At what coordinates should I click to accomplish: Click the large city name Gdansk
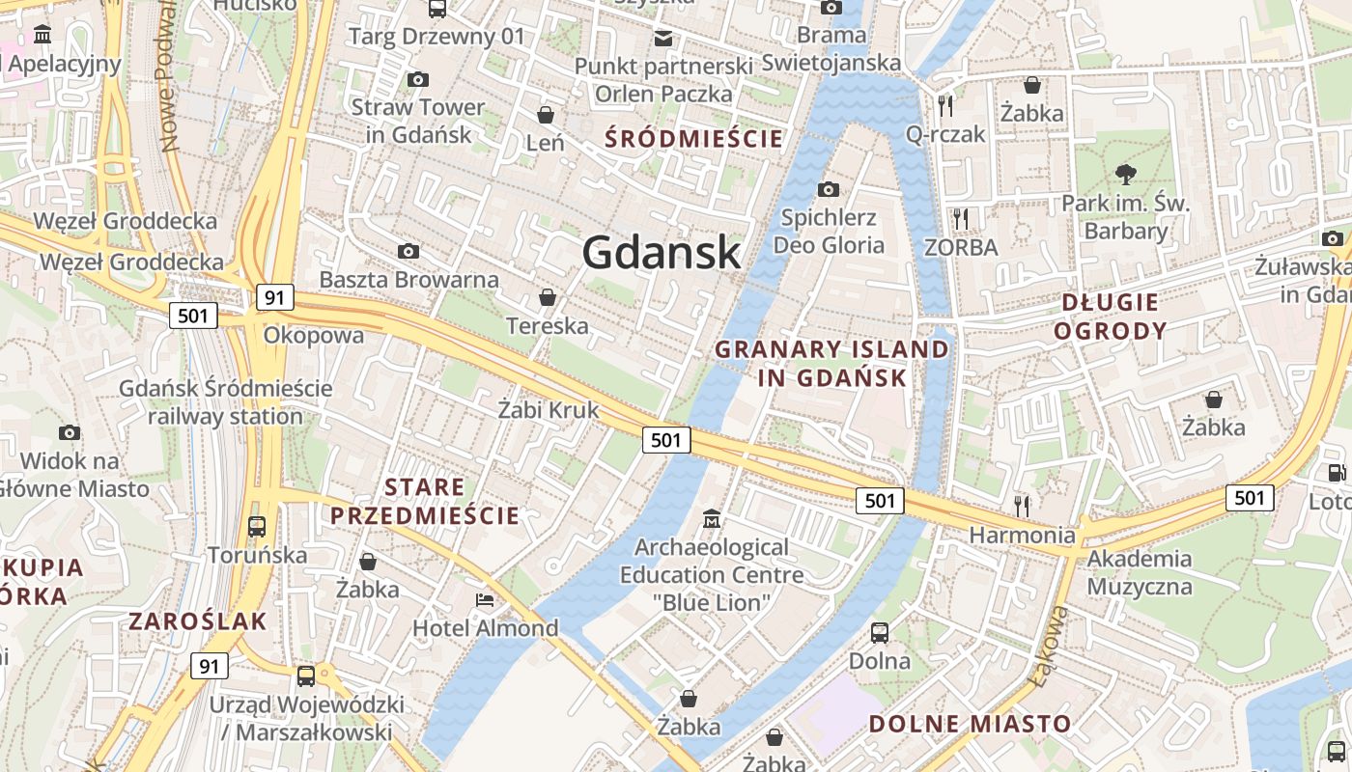662,253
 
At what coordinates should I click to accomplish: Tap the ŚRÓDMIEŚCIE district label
693,138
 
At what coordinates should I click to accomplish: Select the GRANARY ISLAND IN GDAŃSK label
831,363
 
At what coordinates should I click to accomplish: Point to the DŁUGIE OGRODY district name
1110,317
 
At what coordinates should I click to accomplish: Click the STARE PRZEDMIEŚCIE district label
425,501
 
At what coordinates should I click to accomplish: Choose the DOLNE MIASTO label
970,724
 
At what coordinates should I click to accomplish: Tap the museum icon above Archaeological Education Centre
713,518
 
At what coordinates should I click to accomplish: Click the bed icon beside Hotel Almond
485,600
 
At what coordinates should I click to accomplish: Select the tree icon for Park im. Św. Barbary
1125,175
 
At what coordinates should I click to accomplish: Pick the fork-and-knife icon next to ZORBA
960,219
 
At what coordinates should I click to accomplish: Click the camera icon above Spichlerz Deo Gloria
828,189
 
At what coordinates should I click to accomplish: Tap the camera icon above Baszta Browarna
408,251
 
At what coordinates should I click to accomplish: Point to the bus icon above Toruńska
257,527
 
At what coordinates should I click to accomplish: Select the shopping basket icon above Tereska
547,297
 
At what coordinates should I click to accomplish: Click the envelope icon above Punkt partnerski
663,39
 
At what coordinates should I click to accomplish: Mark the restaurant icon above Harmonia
1022,505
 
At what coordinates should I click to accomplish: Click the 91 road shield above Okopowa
275,297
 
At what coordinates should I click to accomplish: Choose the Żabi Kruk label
548,410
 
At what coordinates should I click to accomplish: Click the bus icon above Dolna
880,633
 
